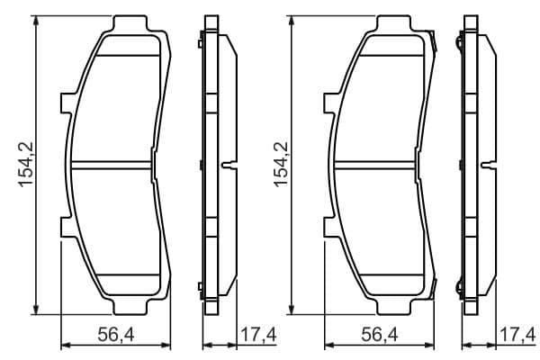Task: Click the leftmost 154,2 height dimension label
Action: point(26,165)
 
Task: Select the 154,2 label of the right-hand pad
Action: point(281,165)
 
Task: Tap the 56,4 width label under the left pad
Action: point(116,335)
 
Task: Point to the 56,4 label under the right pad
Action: point(380,335)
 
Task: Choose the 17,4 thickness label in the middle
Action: point(258,335)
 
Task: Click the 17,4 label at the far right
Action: point(518,335)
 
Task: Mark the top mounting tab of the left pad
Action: point(130,23)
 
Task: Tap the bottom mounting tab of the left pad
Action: point(130,306)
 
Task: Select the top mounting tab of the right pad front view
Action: point(393,23)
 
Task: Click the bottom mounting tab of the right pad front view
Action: point(393,306)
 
